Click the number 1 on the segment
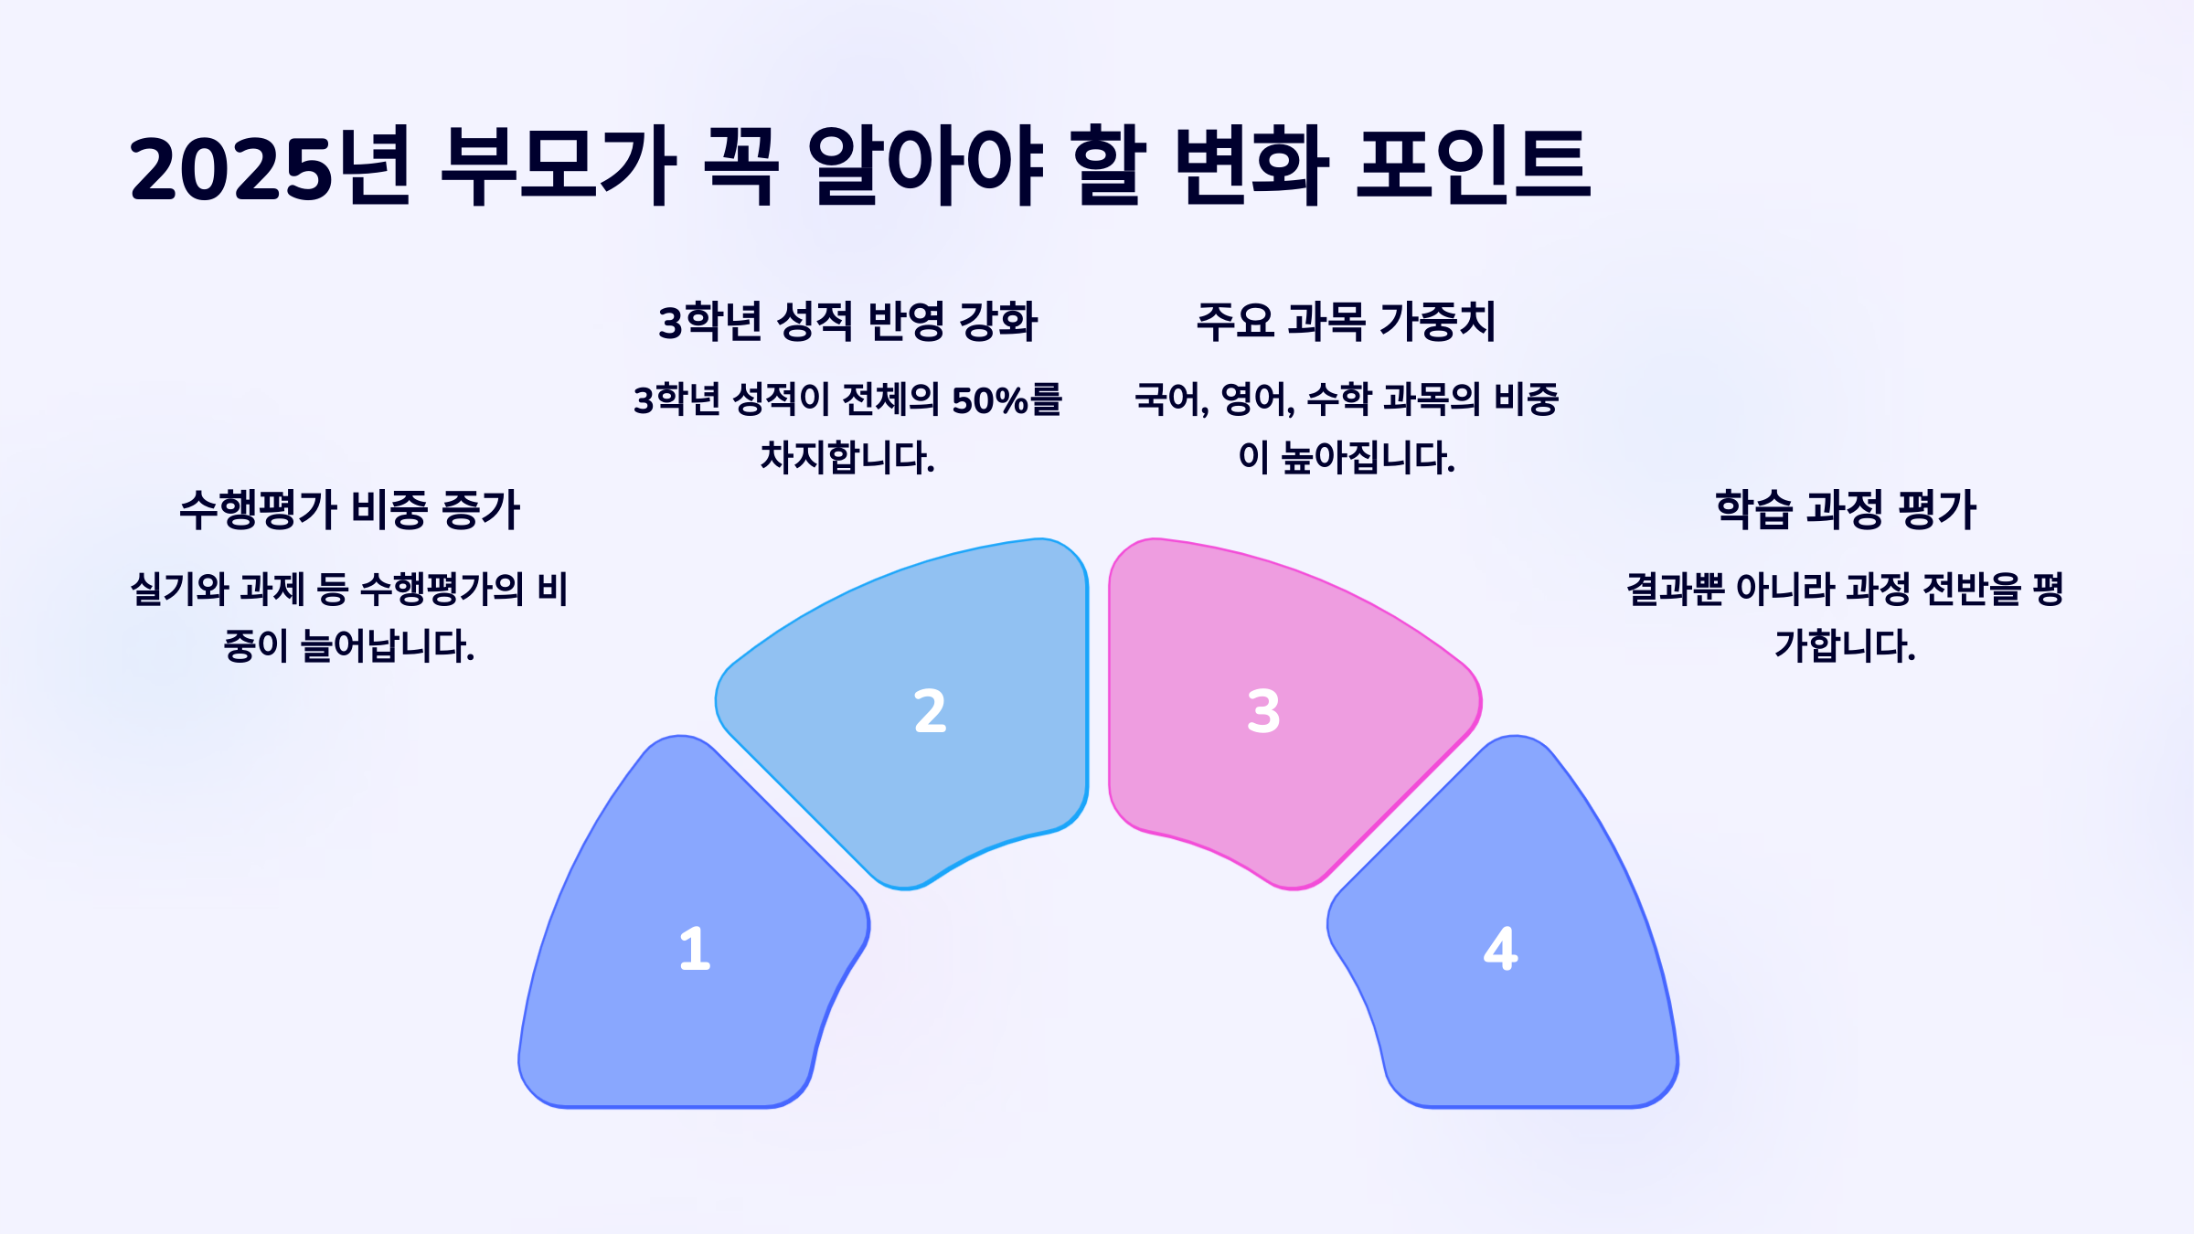pyautogui.click(x=695, y=948)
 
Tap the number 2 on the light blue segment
pyautogui.click(x=930, y=711)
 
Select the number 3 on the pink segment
pyautogui.click(x=1263, y=711)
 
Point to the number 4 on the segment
pyautogui.click(x=1500, y=948)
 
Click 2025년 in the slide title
pyautogui.click(x=271, y=167)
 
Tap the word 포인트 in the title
pyautogui.click(x=1474, y=167)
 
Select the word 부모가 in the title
pyautogui.click(x=558, y=167)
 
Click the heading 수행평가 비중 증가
pyautogui.click(x=349, y=509)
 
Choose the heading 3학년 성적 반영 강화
pyautogui.click(x=847, y=321)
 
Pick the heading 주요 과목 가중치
pyautogui.click(x=1346, y=321)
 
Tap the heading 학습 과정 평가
pyautogui.click(x=1845, y=509)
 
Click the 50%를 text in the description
pyautogui.click(x=1006, y=400)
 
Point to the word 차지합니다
pyautogui.click(x=847, y=457)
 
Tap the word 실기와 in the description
pyautogui.click(x=179, y=589)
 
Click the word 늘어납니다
pyautogui.click(x=388, y=646)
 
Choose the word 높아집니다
pyautogui.click(x=1368, y=457)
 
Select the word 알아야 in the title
pyautogui.click(x=925, y=167)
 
